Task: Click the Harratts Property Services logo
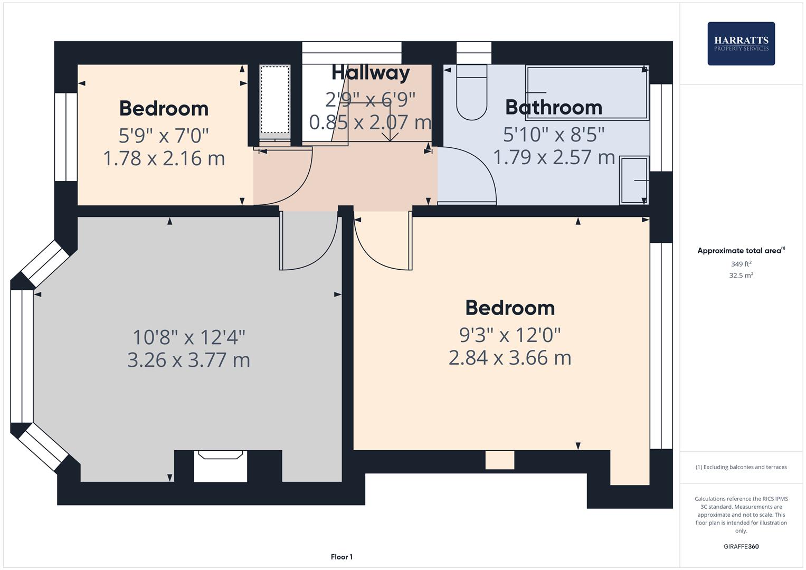(741, 43)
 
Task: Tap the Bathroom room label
(553, 107)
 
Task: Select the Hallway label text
(371, 73)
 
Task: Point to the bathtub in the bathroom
(587, 92)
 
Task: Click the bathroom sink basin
(634, 180)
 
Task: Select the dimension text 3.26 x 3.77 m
(188, 360)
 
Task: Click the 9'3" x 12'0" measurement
(510, 334)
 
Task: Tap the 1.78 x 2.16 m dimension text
(164, 158)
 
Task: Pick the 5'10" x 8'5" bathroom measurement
(553, 135)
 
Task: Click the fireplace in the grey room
(220, 465)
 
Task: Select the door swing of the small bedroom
(288, 177)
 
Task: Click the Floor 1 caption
(342, 557)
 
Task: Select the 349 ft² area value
(741, 264)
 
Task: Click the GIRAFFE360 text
(741, 546)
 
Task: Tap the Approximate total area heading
(741, 251)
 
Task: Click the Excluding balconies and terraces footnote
(741, 467)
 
